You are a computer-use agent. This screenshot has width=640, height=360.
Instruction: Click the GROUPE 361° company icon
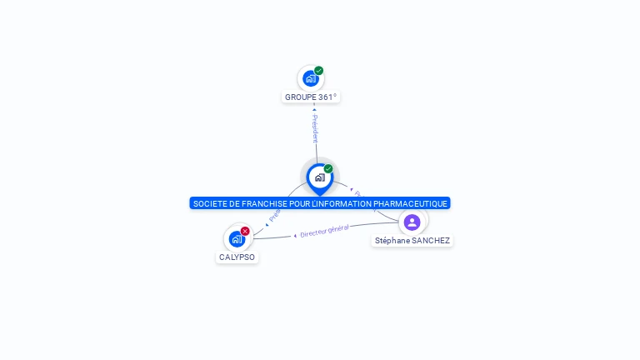point(310,79)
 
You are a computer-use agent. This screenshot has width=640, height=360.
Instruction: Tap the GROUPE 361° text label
point(311,97)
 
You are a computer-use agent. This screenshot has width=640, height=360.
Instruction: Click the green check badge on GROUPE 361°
point(319,71)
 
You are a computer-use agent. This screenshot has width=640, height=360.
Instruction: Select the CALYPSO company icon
point(237,239)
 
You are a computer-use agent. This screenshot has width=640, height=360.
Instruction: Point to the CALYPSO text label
point(237,257)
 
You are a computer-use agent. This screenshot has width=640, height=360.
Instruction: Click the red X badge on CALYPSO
point(245,231)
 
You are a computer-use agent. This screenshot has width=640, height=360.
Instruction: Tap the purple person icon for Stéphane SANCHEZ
point(412,222)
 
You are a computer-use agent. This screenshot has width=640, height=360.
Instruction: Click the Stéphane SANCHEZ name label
point(412,241)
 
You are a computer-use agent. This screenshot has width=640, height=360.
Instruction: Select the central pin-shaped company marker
point(319,177)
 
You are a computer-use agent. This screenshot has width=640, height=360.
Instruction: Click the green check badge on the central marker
point(328,169)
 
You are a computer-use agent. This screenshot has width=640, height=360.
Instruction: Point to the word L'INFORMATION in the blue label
point(340,203)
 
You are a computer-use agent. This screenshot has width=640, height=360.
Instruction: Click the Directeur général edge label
point(324,231)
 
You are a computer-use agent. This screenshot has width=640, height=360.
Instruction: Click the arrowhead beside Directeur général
point(295,236)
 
